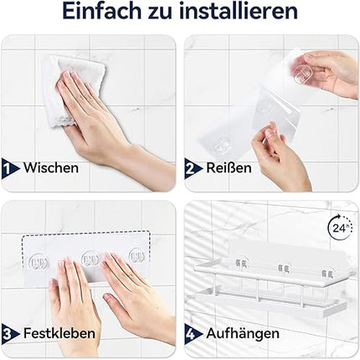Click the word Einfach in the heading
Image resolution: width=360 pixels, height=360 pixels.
pos(102,12)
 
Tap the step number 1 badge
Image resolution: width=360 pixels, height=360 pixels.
pos(9,168)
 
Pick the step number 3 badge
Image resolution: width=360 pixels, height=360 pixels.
pos(9,333)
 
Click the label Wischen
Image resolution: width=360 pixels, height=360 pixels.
pos(51,167)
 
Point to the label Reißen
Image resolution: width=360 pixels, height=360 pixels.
pos(229,167)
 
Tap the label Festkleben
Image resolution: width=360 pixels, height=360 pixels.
pos(59,333)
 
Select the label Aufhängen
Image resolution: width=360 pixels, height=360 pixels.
pos(243,334)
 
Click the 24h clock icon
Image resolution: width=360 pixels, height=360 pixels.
pos(339,228)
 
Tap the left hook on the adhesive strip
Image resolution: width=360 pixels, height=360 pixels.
pos(39,263)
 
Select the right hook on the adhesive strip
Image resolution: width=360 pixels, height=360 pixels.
pos(136,257)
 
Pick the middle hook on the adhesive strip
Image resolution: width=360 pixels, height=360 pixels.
pos(90,260)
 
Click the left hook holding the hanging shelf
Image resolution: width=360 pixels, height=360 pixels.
pos(241,263)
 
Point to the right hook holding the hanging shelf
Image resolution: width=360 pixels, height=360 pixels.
pos(327,274)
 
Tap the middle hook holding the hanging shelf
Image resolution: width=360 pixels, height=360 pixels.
pos(283,269)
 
